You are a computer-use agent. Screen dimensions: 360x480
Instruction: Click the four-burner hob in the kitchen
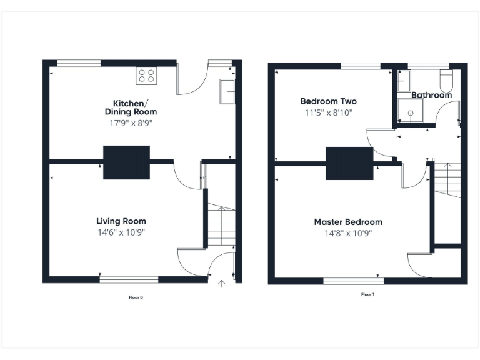click(x=146, y=76)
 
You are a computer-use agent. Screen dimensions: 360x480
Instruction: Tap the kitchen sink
click(x=227, y=92)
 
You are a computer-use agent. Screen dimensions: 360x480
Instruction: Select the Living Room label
click(x=121, y=221)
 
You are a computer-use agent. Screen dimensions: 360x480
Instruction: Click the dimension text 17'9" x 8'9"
click(x=131, y=123)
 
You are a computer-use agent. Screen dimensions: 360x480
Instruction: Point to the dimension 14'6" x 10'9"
click(x=121, y=232)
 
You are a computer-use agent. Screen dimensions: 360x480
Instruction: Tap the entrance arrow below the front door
click(x=221, y=284)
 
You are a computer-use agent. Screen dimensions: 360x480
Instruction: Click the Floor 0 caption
click(x=136, y=297)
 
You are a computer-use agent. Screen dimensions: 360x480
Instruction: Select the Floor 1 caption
click(x=367, y=294)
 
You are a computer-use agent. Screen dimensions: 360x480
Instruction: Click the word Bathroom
click(x=431, y=95)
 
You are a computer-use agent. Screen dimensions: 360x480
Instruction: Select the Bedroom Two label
click(x=329, y=101)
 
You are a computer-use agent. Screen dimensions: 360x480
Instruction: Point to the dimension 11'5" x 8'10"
click(x=329, y=112)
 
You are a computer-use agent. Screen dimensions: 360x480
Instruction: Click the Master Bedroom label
click(x=348, y=222)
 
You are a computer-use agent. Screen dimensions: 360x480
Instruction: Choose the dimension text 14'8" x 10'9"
click(x=348, y=233)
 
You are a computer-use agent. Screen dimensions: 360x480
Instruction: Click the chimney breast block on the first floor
click(x=349, y=163)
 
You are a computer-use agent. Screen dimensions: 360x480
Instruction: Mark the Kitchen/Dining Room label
click(x=131, y=107)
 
